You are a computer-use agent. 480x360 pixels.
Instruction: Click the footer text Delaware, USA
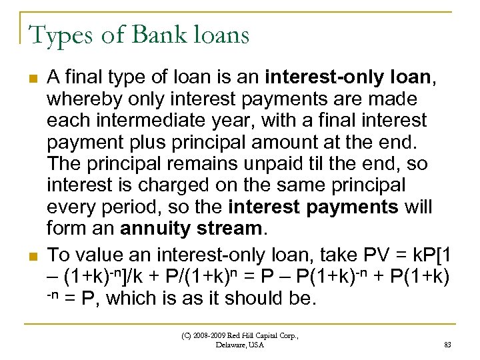coord(240,345)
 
